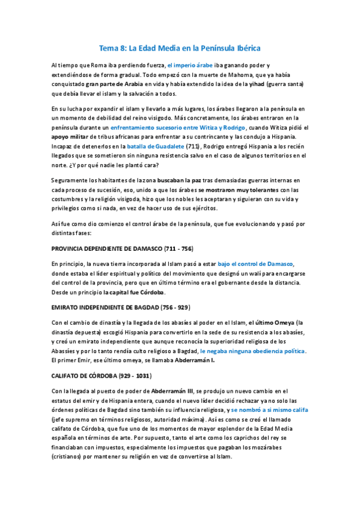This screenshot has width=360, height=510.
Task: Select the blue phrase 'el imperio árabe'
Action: pyautogui.click(x=189, y=64)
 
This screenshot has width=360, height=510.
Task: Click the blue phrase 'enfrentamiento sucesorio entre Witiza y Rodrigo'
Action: pyautogui.click(x=178, y=128)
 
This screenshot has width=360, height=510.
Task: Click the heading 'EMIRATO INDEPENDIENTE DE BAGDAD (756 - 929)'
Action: pyautogui.click(x=121, y=307)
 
